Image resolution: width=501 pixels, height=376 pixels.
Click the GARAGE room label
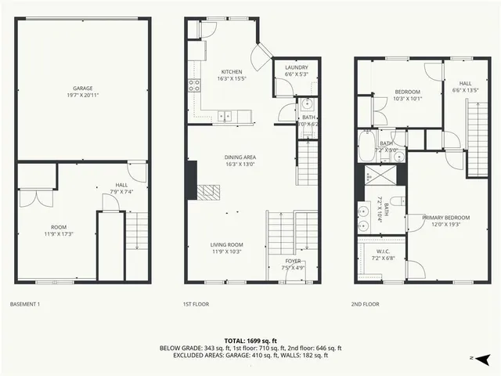click(x=84, y=89)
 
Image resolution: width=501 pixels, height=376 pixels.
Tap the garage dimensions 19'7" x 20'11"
click(x=84, y=96)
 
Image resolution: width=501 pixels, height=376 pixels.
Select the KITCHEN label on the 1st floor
click(x=232, y=71)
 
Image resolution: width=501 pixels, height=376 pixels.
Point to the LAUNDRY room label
click(x=296, y=67)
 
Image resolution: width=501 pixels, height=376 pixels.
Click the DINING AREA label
click(x=240, y=157)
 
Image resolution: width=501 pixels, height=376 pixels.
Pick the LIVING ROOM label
click(x=226, y=244)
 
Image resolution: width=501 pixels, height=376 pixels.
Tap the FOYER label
click(x=293, y=260)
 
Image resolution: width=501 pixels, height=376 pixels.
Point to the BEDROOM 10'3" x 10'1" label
click(x=407, y=92)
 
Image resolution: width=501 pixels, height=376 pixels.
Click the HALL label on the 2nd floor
click(x=465, y=83)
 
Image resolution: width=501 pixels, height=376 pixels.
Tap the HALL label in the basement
click(x=122, y=186)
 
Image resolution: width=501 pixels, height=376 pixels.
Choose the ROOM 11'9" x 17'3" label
click(x=54, y=227)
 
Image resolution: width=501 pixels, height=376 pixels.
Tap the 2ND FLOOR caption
click(x=366, y=303)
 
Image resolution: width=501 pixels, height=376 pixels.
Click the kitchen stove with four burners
click(x=192, y=85)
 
